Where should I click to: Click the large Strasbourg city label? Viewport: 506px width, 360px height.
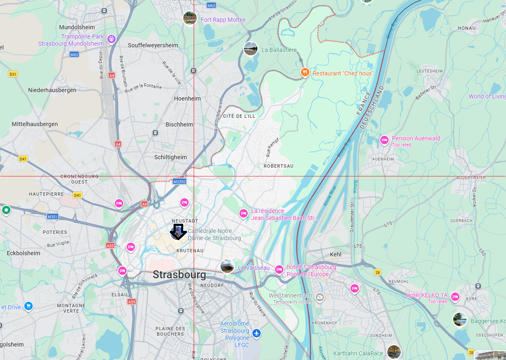[179, 275]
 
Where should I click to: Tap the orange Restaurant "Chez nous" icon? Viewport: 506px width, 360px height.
[305, 73]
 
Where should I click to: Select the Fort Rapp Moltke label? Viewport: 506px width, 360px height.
[223, 20]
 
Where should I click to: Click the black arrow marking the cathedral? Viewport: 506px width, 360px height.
[178, 232]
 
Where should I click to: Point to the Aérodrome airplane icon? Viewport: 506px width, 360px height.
[257, 333]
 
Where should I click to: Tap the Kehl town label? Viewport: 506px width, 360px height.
[336, 254]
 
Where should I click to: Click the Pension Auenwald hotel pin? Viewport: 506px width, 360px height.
[384, 140]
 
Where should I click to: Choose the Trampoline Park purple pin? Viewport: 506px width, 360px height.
[111, 39]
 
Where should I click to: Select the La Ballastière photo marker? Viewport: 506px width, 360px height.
[251, 49]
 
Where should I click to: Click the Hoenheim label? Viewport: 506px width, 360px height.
[187, 98]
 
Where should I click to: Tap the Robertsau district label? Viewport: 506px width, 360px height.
[278, 166]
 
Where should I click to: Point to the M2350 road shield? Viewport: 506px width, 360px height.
[179, 181]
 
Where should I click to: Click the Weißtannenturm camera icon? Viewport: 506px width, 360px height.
[319, 297]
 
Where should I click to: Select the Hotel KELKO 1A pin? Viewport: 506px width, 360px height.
[455, 297]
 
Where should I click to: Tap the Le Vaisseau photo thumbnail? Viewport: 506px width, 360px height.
[227, 266]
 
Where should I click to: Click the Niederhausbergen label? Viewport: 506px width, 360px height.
[52, 90]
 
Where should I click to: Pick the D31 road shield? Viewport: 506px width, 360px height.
[13, 74]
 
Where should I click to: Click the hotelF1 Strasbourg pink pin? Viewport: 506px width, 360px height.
[279, 269]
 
